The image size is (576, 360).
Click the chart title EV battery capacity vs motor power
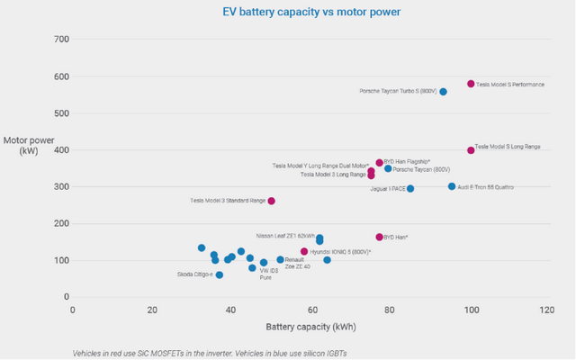tap(288, 12)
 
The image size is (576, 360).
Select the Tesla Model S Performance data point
tap(471, 84)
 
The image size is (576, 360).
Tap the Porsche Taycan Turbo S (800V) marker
tap(443, 92)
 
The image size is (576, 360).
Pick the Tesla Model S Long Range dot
tap(471, 150)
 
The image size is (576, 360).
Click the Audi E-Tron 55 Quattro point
tap(452, 186)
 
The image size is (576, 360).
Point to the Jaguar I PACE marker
tap(410, 189)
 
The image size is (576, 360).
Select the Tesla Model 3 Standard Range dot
tap(271, 201)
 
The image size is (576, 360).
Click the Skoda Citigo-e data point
tap(220, 274)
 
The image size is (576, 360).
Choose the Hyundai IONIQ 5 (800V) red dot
tap(304, 252)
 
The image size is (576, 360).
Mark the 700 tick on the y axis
tap(60, 40)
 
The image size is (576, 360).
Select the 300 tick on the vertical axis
tap(60, 186)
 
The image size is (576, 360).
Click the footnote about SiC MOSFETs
tap(210, 353)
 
